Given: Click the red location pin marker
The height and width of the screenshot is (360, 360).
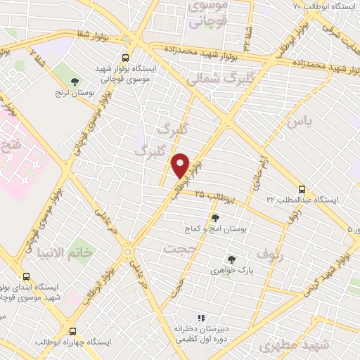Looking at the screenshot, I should click(181, 165).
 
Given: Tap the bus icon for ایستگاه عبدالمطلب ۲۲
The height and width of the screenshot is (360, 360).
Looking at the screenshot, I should click(302, 189).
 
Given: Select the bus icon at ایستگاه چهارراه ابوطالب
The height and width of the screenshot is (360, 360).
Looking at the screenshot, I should click(74, 331).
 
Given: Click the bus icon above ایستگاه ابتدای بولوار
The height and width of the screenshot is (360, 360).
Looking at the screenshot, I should click(27, 277).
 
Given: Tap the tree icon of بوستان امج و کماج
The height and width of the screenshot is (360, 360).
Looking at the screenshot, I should click(214, 218).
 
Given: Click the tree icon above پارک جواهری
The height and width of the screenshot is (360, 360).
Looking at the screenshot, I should click(231, 259).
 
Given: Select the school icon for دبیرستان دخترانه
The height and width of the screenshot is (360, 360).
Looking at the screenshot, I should click(200, 319).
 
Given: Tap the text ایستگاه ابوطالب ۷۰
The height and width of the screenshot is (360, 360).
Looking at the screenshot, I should click(323, 6).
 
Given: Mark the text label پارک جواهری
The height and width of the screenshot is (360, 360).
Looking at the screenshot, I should click(231, 269).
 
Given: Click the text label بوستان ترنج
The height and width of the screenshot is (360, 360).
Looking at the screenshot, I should click(75, 91).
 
